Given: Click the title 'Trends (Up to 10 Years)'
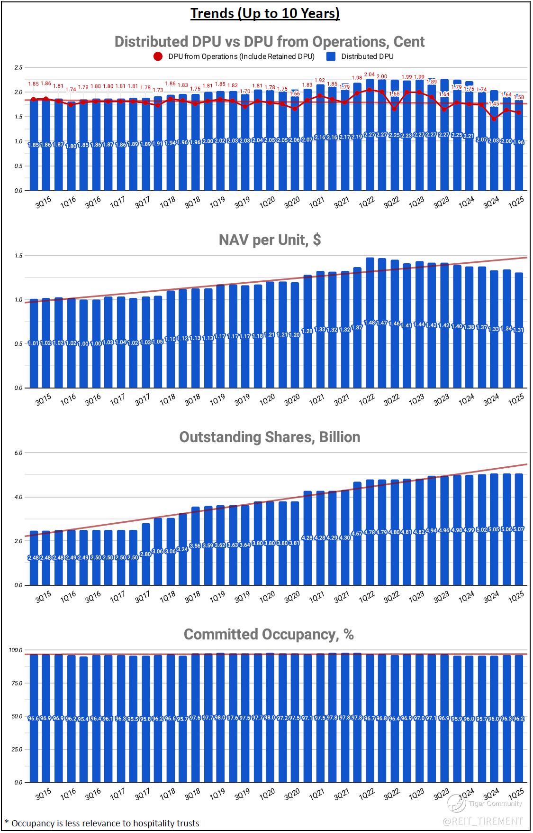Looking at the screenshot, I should coord(265,13).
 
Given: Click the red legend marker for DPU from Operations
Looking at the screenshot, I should coord(158,56).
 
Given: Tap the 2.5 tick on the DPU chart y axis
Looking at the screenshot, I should coord(18,67).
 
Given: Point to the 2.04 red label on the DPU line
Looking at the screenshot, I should coord(369,75).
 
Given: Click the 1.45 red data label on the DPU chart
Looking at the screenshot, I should coord(494,104).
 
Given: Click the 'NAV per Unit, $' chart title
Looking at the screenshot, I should coord(270,240).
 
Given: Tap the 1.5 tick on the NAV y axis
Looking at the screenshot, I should coord(18,256).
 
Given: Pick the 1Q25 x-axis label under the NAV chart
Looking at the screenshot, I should coord(515,399).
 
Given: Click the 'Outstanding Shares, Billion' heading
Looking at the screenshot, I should coord(270,437).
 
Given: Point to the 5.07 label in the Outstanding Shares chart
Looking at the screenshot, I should coord(519,529).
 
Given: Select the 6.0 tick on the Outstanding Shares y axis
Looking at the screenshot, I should coord(18,453).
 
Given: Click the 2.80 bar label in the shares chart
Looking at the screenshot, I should coord(145,554).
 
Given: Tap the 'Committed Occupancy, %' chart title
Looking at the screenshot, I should coord(269,634).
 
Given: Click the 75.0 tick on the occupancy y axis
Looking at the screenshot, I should coord(17,683).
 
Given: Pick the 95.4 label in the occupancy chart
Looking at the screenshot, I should coord(83,718).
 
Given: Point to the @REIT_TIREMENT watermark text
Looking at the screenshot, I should coord(483,821).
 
